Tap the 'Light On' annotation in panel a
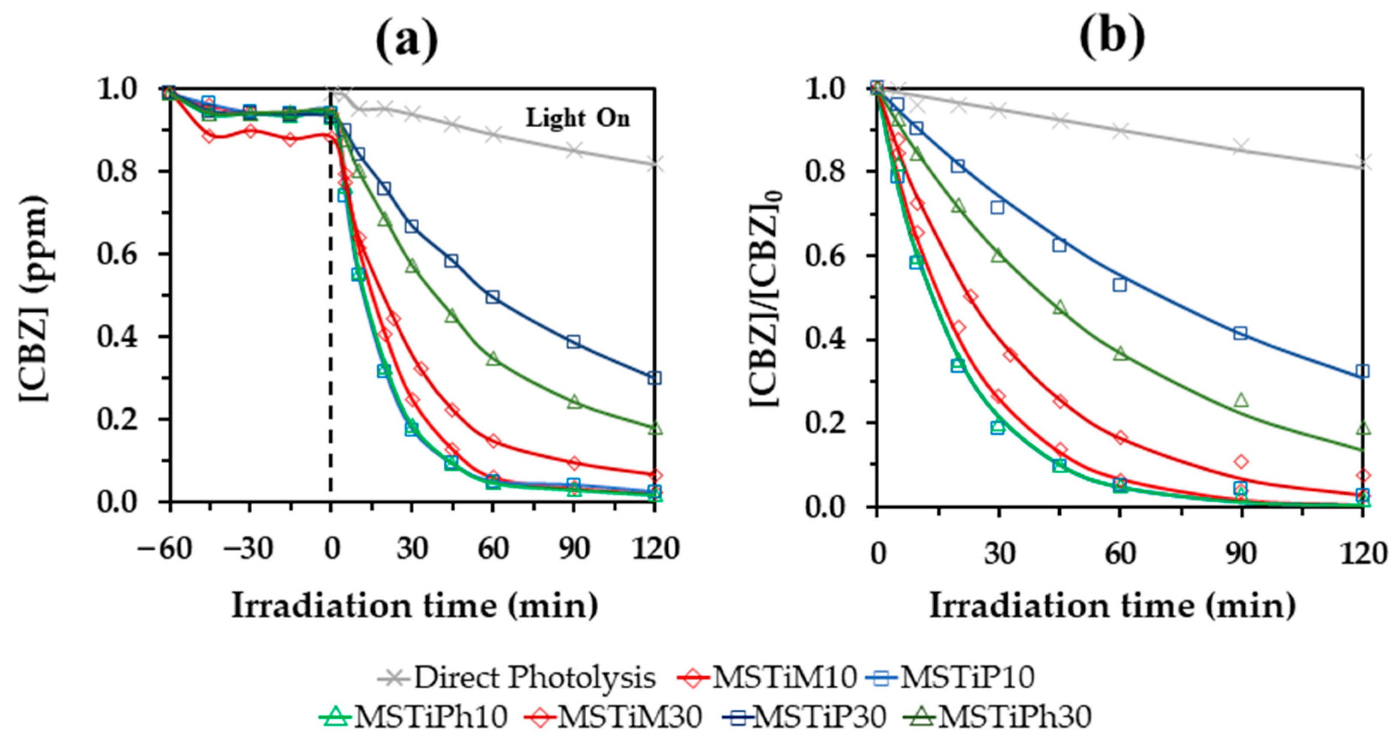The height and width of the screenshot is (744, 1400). [x=578, y=119]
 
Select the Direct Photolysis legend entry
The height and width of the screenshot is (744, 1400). [x=517, y=678]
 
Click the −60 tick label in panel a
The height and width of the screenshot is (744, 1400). [x=165, y=549]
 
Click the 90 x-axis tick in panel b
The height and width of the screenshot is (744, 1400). [x=1241, y=554]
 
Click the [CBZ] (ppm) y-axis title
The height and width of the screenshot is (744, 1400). [x=34, y=299]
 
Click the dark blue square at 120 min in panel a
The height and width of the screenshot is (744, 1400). [x=654, y=378]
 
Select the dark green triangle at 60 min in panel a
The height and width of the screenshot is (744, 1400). [x=493, y=359]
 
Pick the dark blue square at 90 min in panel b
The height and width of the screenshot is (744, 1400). [x=1240, y=333]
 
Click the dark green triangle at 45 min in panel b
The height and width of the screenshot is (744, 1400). [x=1059, y=308]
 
